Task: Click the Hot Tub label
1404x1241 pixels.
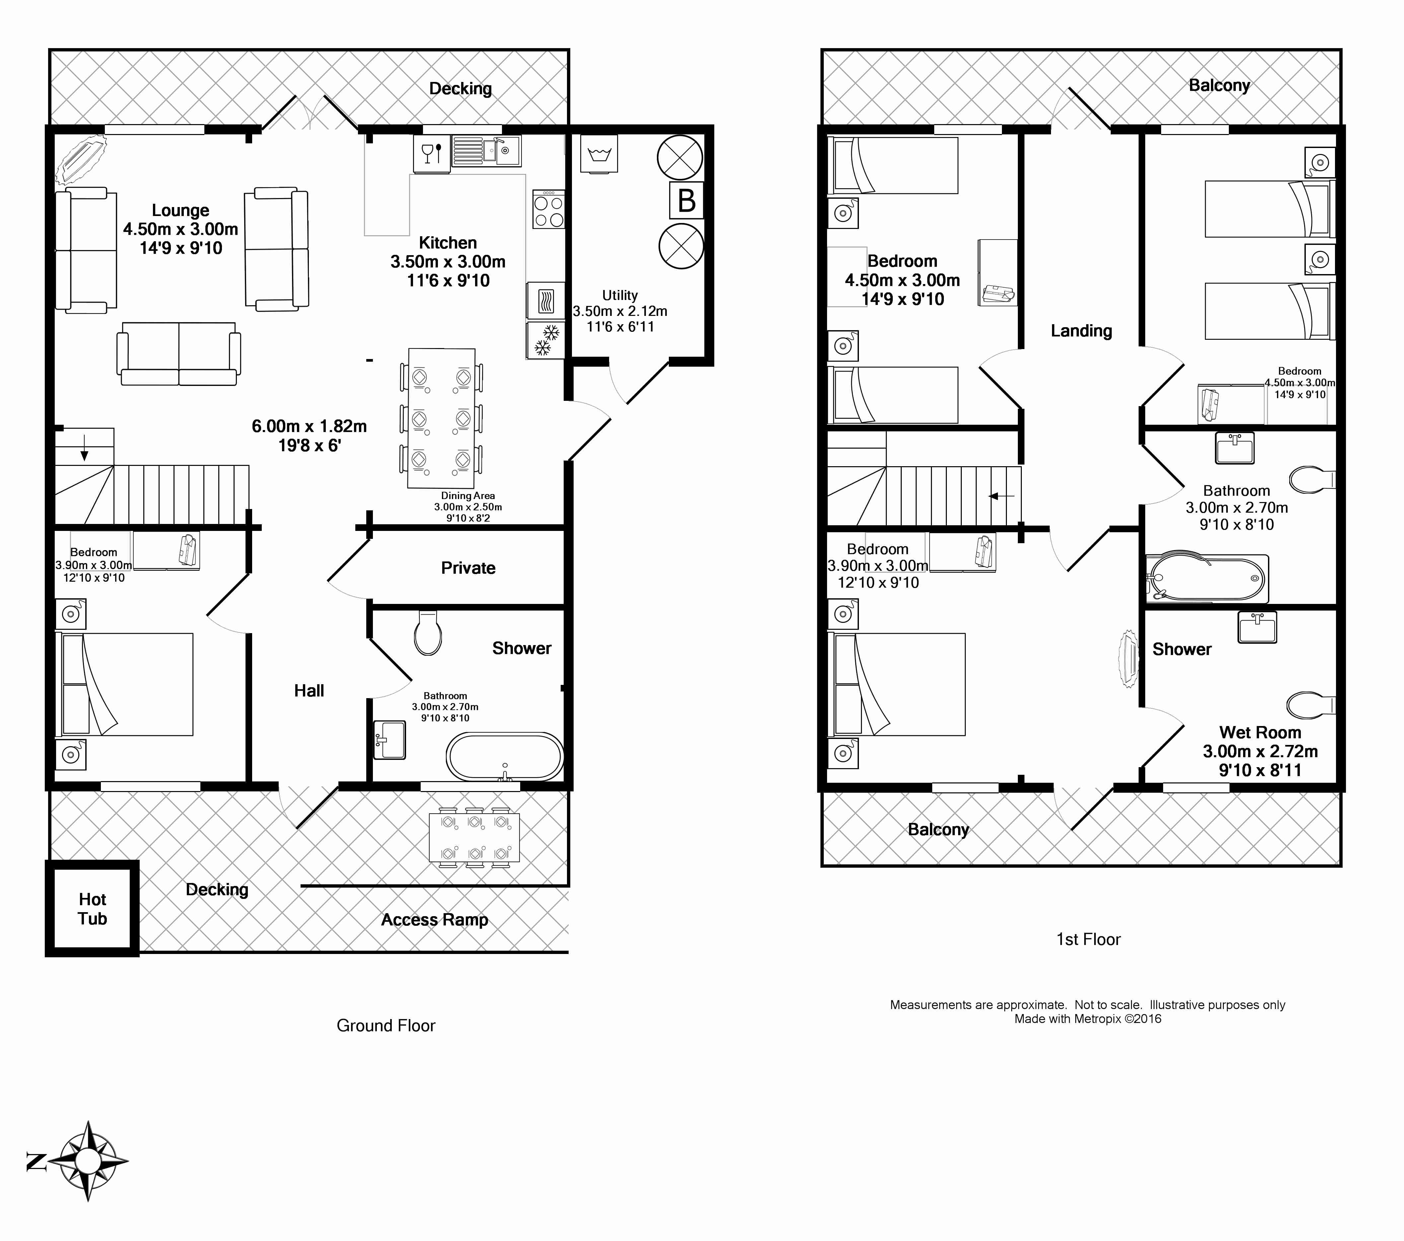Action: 92,909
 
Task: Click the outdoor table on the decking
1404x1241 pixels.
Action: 474,837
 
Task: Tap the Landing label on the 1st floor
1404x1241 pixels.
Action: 1081,331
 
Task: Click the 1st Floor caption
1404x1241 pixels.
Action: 1088,939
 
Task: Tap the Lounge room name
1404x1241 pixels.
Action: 181,210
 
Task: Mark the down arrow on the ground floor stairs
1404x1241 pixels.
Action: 85,447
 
